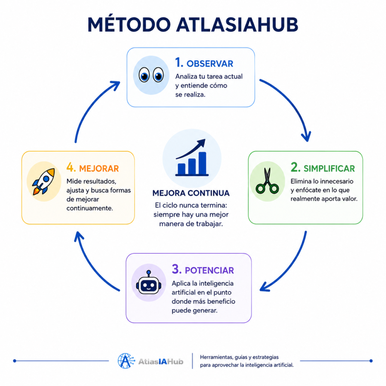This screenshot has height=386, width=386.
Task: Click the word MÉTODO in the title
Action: pos(129,25)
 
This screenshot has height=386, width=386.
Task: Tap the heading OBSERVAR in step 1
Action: pos(210,64)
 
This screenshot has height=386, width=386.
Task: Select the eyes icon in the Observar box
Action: pos(151,75)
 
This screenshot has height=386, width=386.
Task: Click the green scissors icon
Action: pos(267,181)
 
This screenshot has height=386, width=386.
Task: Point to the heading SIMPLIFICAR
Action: pos(329,168)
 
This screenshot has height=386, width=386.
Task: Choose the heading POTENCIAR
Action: pos(209,271)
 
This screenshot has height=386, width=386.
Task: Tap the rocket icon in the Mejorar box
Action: pos(44,181)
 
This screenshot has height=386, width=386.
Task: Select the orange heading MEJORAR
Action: pos(99,168)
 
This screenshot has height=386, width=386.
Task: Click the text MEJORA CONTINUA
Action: pos(191,193)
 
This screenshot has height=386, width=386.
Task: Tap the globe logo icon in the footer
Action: pos(126,361)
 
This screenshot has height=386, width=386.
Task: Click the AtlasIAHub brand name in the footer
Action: pos(161,361)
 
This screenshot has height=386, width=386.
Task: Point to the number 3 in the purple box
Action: pos(176,269)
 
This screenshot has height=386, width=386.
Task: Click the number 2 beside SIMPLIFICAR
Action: pos(296,167)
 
